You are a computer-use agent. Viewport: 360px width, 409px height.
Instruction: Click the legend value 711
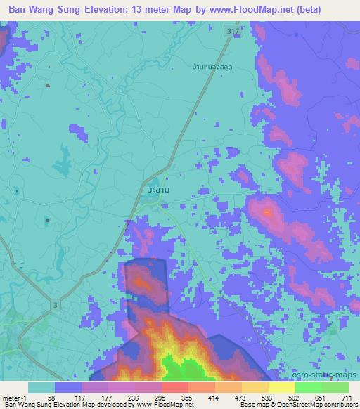(x=347, y=398)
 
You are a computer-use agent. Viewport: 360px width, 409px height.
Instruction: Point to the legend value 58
(x=41, y=398)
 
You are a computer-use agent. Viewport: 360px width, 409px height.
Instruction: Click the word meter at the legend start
(x=10, y=398)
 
